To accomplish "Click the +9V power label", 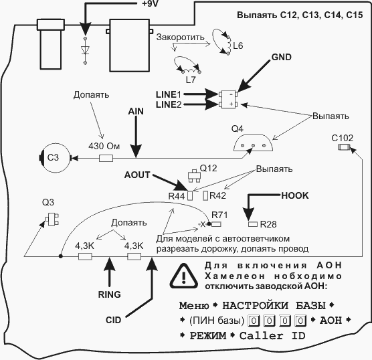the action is [150, 3].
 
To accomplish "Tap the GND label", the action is [282, 57].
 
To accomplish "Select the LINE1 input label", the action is [169, 94].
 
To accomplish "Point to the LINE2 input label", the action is [169, 104].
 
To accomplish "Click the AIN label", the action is [136, 111].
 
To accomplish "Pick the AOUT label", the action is [137, 175].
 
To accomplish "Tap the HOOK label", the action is [295, 195].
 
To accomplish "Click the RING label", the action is [109, 294].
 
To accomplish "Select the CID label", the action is [113, 320].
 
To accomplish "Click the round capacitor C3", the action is [55, 158].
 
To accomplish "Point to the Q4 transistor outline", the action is [253, 143].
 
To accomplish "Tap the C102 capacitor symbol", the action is [344, 147].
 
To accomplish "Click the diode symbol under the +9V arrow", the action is [85, 51].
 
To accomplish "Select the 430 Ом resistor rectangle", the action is [106, 158].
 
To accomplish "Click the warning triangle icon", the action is [183, 276].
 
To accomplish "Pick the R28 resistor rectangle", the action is [253, 224].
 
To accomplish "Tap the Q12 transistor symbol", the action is [195, 176].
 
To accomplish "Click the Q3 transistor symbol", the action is [52, 219].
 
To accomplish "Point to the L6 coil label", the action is [238, 46].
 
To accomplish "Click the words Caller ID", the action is [272, 336].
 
